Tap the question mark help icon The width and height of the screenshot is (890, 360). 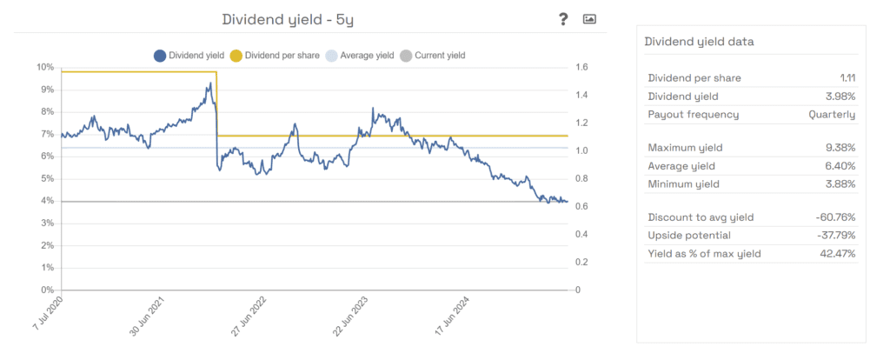pos(563,19)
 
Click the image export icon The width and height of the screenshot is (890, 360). pos(589,19)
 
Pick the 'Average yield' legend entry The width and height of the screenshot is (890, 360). pos(362,56)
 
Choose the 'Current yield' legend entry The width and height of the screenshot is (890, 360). pos(434,56)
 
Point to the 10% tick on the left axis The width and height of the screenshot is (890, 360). pos(44,67)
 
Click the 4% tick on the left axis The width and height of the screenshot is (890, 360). pos(47,201)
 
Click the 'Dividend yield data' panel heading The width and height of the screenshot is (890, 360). pos(699,41)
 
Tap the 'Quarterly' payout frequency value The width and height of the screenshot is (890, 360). pos(832,114)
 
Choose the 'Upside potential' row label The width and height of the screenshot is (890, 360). pos(689,235)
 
